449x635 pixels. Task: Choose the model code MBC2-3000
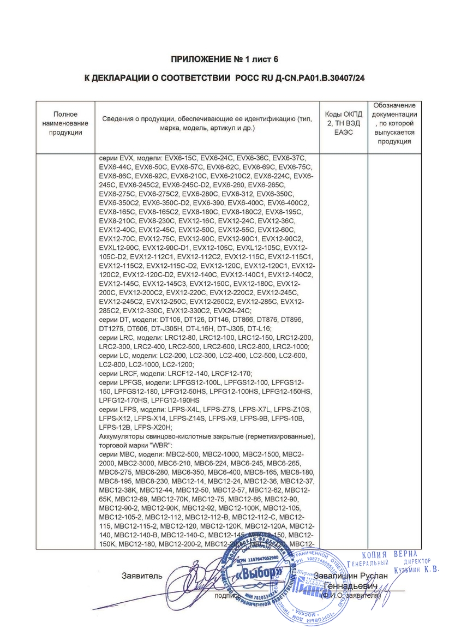122,463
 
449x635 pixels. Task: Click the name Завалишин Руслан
351,576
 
